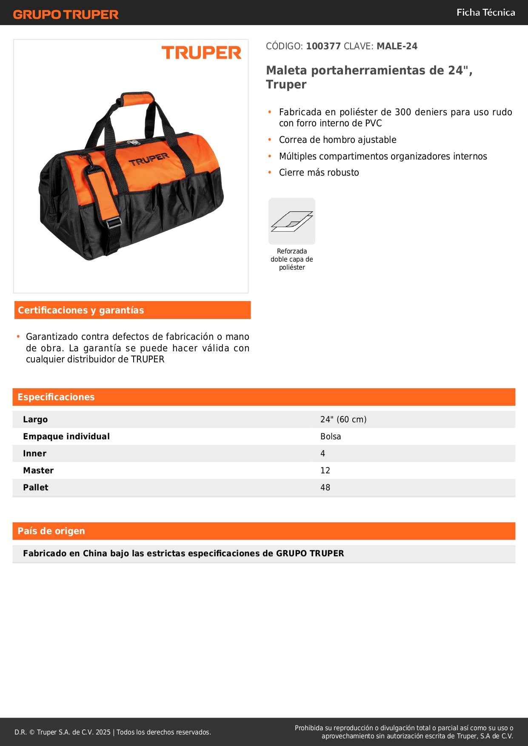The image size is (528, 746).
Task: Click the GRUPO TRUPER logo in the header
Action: point(66,14)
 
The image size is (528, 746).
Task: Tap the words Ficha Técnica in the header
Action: point(485,12)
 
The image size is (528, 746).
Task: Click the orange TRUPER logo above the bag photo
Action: point(201,53)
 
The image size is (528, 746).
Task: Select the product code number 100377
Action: point(323,46)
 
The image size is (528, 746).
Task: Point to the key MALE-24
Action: point(397,46)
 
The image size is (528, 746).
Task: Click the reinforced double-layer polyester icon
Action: point(292,221)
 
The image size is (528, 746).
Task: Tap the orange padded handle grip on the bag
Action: point(136,99)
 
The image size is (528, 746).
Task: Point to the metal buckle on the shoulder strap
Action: point(114,222)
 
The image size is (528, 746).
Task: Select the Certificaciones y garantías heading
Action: point(81,310)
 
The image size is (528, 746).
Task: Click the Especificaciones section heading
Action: point(56,397)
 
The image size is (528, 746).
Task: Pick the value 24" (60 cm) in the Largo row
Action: point(343,419)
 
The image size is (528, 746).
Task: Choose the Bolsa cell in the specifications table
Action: point(331,436)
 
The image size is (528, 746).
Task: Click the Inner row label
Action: point(34,453)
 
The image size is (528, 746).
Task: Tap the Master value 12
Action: point(325,470)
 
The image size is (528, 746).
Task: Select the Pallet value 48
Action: point(325,487)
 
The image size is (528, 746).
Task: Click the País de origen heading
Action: point(51,531)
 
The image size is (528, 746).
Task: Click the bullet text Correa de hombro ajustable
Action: point(337,140)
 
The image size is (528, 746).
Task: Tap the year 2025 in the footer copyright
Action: point(103,732)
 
